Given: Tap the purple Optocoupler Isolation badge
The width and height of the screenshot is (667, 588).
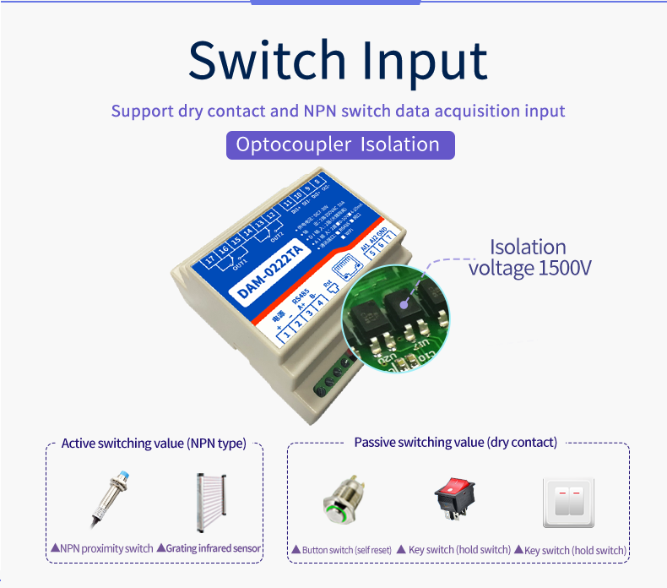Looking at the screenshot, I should pos(339,144).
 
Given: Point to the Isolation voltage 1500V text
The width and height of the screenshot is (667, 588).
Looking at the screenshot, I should pos(529,258).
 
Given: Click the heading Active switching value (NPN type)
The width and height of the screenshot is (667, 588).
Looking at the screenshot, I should pos(154,444).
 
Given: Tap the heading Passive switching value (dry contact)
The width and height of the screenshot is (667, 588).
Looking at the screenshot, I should pos(455,443).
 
